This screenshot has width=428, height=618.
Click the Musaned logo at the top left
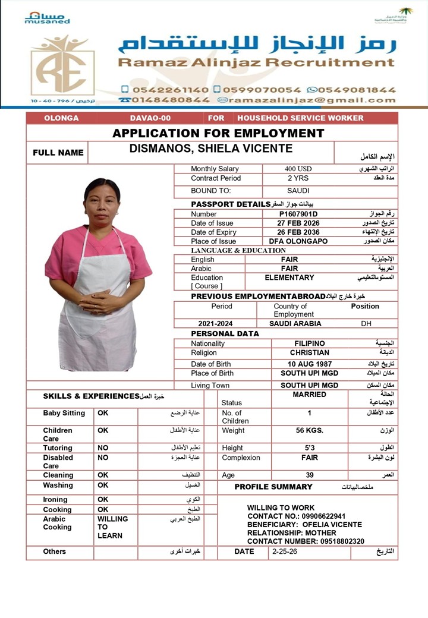pyautogui.click(x=47, y=17)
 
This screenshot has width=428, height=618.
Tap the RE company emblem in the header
pyautogui.click(x=62, y=65)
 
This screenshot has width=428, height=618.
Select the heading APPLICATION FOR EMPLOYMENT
pyautogui.click(x=218, y=133)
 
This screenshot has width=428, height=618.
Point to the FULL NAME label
pyautogui.click(x=58, y=153)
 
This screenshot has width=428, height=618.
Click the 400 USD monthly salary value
pyautogui.click(x=298, y=169)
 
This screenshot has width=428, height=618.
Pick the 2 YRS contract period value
pyautogui.click(x=298, y=178)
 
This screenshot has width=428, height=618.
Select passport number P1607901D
pyautogui.click(x=298, y=214)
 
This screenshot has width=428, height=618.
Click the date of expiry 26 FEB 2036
pyautogui.click(x=298, y=232)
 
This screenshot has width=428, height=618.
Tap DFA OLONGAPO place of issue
pyautogui.click(x=298, y=241)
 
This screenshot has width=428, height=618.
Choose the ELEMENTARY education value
pyautogui.click(x=289, y=278)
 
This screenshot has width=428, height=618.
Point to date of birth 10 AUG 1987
pyautogui.click(x=309, y=364)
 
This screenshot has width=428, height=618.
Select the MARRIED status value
pyautogui.click(x=309, y=395)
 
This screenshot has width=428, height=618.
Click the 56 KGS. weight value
pyautogui.click(x=309, y=430)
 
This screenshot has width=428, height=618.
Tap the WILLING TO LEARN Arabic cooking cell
pyautogui.click(x=112, y=527)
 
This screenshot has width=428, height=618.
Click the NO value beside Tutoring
pyautogui.click(x=103, y=448)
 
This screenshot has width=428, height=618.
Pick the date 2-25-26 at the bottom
pyautogui.click(x=284, y=551)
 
